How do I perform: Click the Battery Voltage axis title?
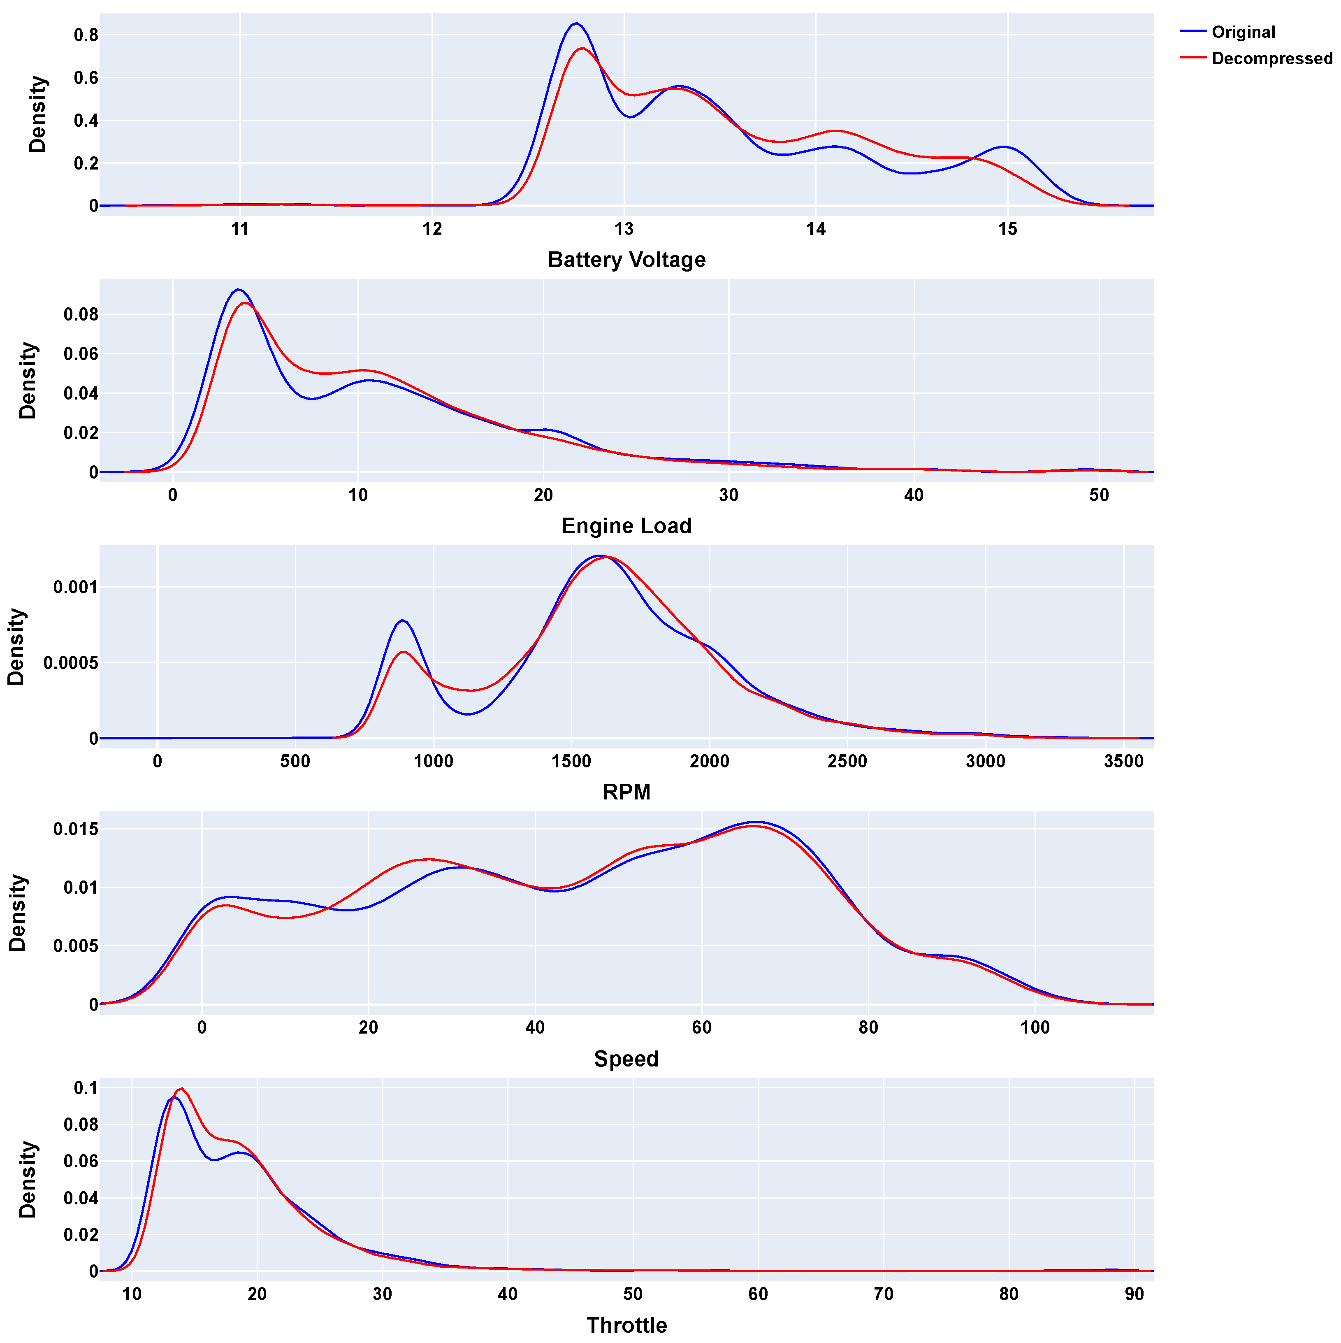pos(626,260)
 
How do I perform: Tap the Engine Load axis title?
pos(626,526)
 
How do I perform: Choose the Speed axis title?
pos(626,1059)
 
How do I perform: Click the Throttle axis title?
pos(626,1325)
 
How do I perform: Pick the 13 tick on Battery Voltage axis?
pos(624,230)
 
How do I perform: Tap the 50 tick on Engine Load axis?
pos(1098,496)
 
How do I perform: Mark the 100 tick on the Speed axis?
pos(1035,1028)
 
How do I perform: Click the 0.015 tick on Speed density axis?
pos(75,829)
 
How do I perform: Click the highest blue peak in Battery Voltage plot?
pos(576,23)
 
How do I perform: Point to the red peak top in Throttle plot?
pos(181,1089)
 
